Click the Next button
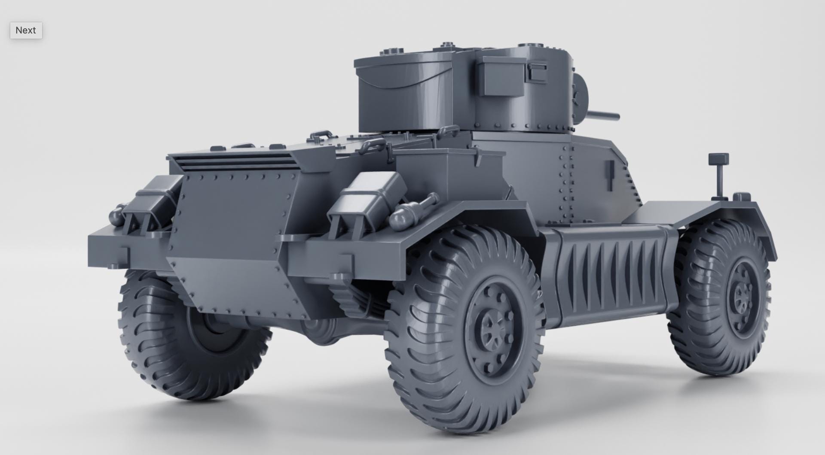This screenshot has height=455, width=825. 26,30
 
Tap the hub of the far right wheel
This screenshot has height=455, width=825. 742,296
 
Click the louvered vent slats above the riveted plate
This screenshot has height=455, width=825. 234,163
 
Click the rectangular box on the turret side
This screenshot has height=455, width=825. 501,76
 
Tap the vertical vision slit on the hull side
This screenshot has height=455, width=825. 609,176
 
